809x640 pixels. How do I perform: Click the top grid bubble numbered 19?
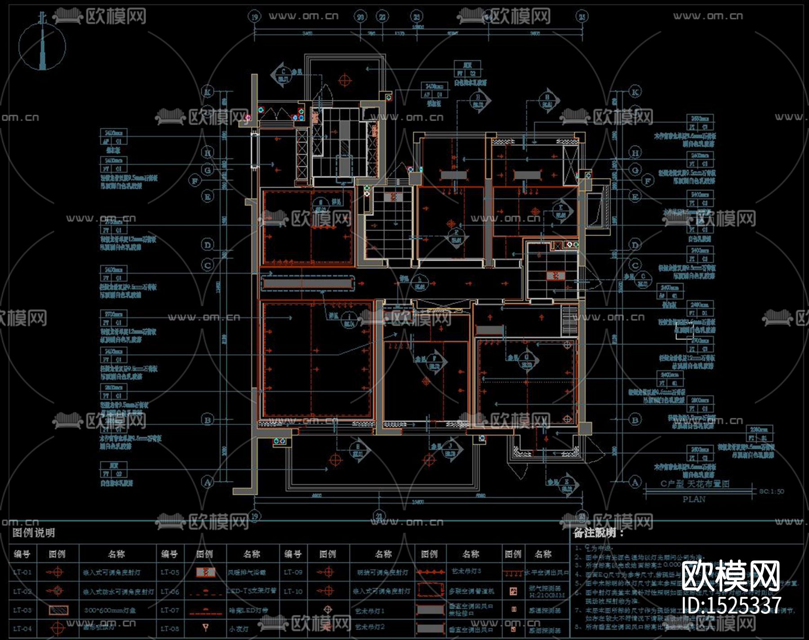(x=255, y=17)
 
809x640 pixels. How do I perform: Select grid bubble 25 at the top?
(x=582, y=17)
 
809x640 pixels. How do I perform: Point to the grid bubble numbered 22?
(x=382, y=17)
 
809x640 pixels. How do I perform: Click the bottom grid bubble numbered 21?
(x=380, y=516)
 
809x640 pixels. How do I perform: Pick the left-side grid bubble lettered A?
(x=208, y=482)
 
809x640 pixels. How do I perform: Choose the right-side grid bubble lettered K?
(x=635, y=93)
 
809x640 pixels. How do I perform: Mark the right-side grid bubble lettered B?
(x=635, y=420)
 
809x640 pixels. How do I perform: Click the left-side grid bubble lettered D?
(x=208, y=245)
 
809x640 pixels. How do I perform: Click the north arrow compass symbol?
(x=43, y=45)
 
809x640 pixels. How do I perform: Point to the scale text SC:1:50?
(x=771, y=491)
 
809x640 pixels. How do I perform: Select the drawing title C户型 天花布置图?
(x=694, y=484)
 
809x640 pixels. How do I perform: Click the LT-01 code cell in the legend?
(x=22, y=573)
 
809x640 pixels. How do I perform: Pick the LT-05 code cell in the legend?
(x=169, y=573)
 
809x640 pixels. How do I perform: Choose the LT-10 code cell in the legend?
(x=293, y=591)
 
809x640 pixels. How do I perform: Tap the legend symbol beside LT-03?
(x=58, y=610)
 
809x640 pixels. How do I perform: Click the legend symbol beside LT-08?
(x=205, y=627)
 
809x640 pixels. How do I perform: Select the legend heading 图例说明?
(x=34, y=533)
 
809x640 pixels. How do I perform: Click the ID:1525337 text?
(x=731, y=605)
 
